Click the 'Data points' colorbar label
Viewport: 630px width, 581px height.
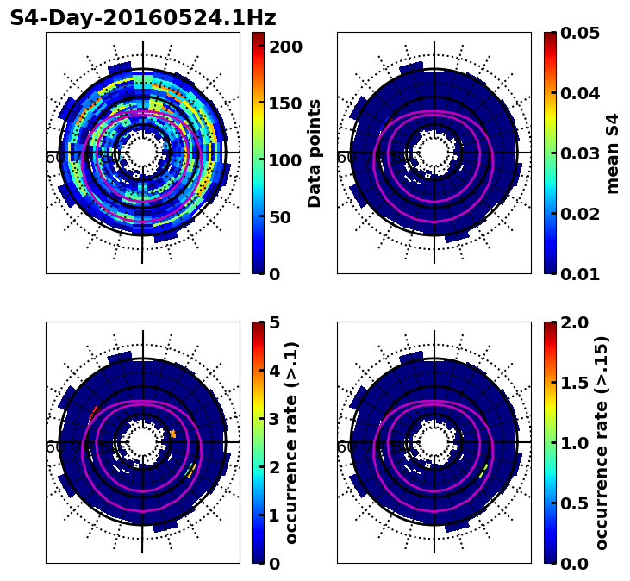315,153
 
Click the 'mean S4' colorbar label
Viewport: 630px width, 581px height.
613,153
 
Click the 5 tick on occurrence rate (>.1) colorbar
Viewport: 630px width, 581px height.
275,322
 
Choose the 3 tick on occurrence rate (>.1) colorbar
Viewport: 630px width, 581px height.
275,419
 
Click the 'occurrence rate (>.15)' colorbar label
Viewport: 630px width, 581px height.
602,443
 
